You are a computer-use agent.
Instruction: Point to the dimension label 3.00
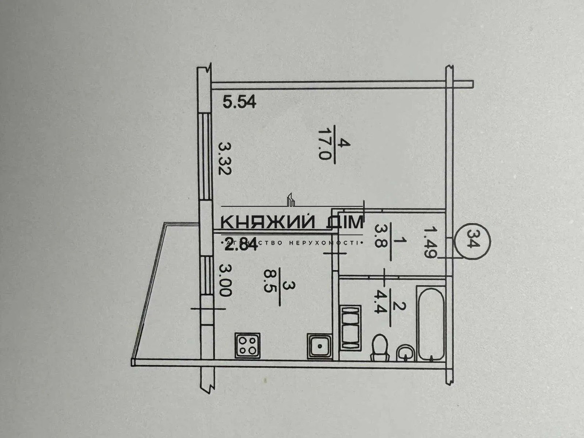224,280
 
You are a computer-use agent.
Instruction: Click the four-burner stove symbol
247,345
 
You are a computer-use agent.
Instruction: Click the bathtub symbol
430,323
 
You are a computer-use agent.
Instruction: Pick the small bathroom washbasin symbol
405,352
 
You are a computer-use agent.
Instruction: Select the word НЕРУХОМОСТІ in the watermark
322,242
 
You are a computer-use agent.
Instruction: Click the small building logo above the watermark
291,199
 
